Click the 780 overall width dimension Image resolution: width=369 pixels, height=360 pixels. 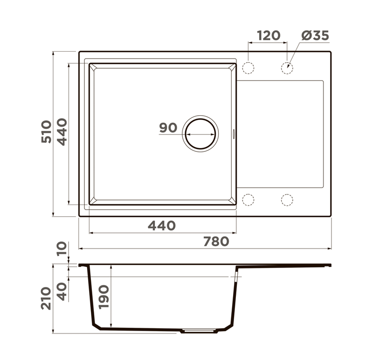(216, 241)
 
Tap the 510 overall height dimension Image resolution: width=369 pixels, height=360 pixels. (46, 132)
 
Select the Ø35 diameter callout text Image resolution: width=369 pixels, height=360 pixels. (315, 36)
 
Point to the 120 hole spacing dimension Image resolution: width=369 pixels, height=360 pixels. (269, 36)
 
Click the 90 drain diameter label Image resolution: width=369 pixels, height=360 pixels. (168, 128)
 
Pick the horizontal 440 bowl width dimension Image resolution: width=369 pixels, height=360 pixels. (162, 225)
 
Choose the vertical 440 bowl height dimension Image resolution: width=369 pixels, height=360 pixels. (63, 132)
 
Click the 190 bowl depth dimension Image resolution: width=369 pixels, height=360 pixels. (104, 297)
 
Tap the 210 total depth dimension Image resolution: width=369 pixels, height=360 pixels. (46, 298)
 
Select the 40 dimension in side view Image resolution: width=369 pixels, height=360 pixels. (62, 292)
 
